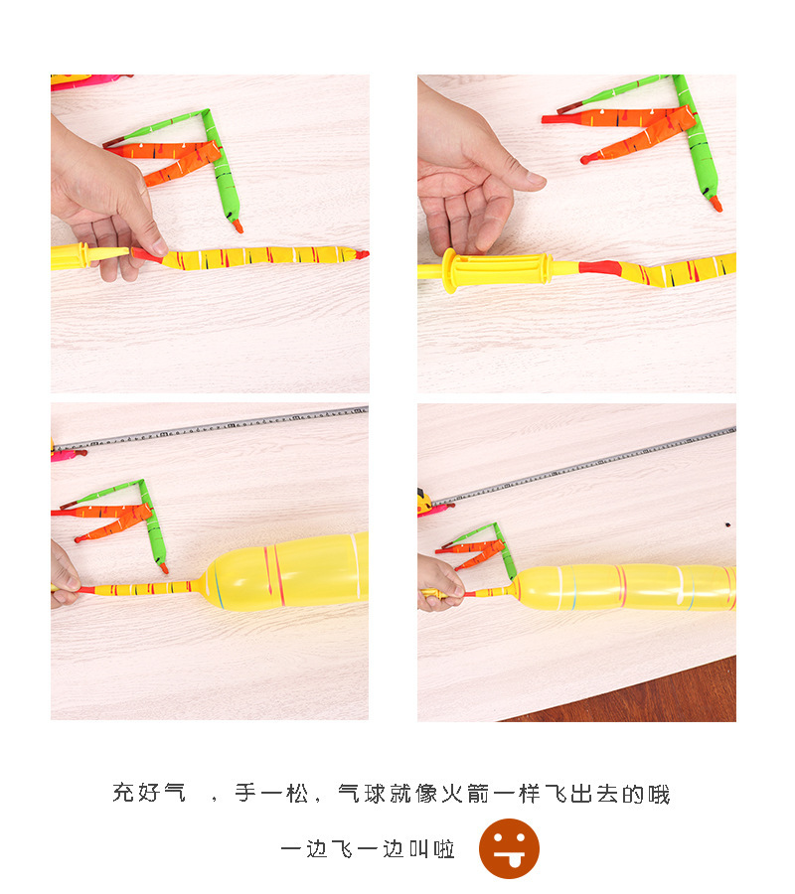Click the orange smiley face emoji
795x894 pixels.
(509, 848)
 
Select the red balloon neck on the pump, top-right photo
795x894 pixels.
(599, 267)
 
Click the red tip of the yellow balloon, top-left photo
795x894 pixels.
(362, 254)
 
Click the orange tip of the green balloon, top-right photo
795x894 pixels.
(715, 203)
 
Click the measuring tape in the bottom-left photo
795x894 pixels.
(210, 426)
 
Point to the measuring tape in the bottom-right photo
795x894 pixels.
(584, 467)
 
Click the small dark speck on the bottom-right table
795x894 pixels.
(728, 524)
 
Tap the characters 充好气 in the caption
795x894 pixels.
(149, 793)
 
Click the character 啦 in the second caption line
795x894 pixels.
(444, 849)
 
